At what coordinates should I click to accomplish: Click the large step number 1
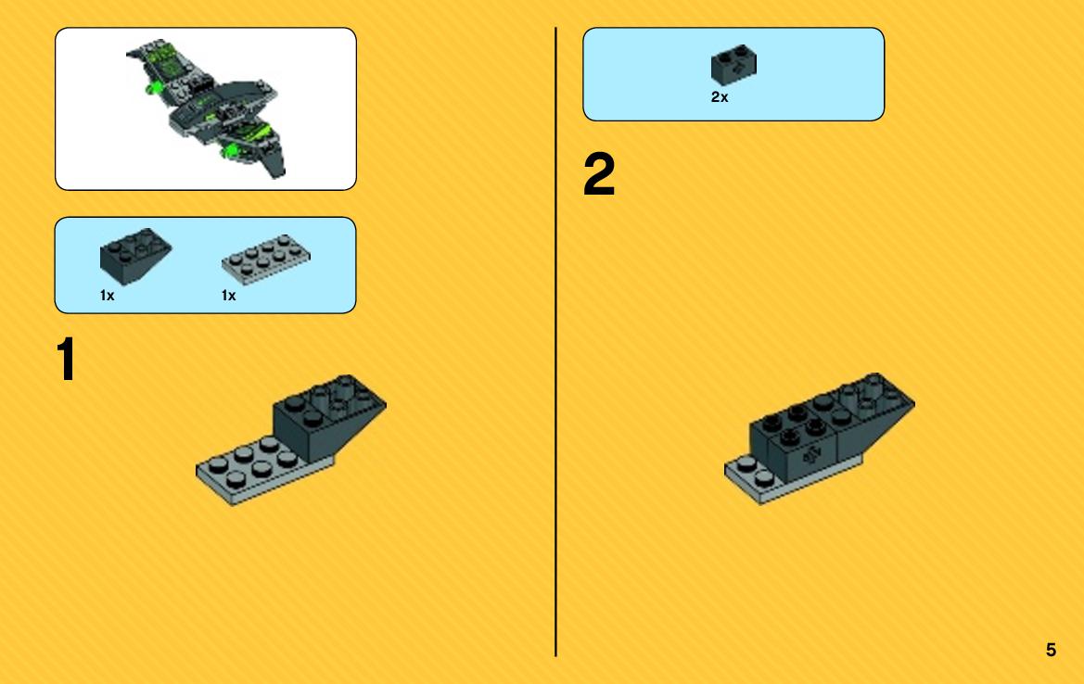67,359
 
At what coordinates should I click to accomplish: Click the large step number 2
599,173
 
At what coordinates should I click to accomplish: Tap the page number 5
1051,650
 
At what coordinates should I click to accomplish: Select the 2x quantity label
720,97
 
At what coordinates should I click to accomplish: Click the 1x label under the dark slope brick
108,296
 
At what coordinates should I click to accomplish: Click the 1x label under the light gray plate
229,296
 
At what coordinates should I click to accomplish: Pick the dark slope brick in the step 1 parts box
135,256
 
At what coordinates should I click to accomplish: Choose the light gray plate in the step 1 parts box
266,260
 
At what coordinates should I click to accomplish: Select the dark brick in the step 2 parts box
733,66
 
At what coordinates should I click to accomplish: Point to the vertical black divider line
555,342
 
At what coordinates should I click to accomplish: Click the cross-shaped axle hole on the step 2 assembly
811,455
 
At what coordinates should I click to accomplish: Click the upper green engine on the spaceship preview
154,88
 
